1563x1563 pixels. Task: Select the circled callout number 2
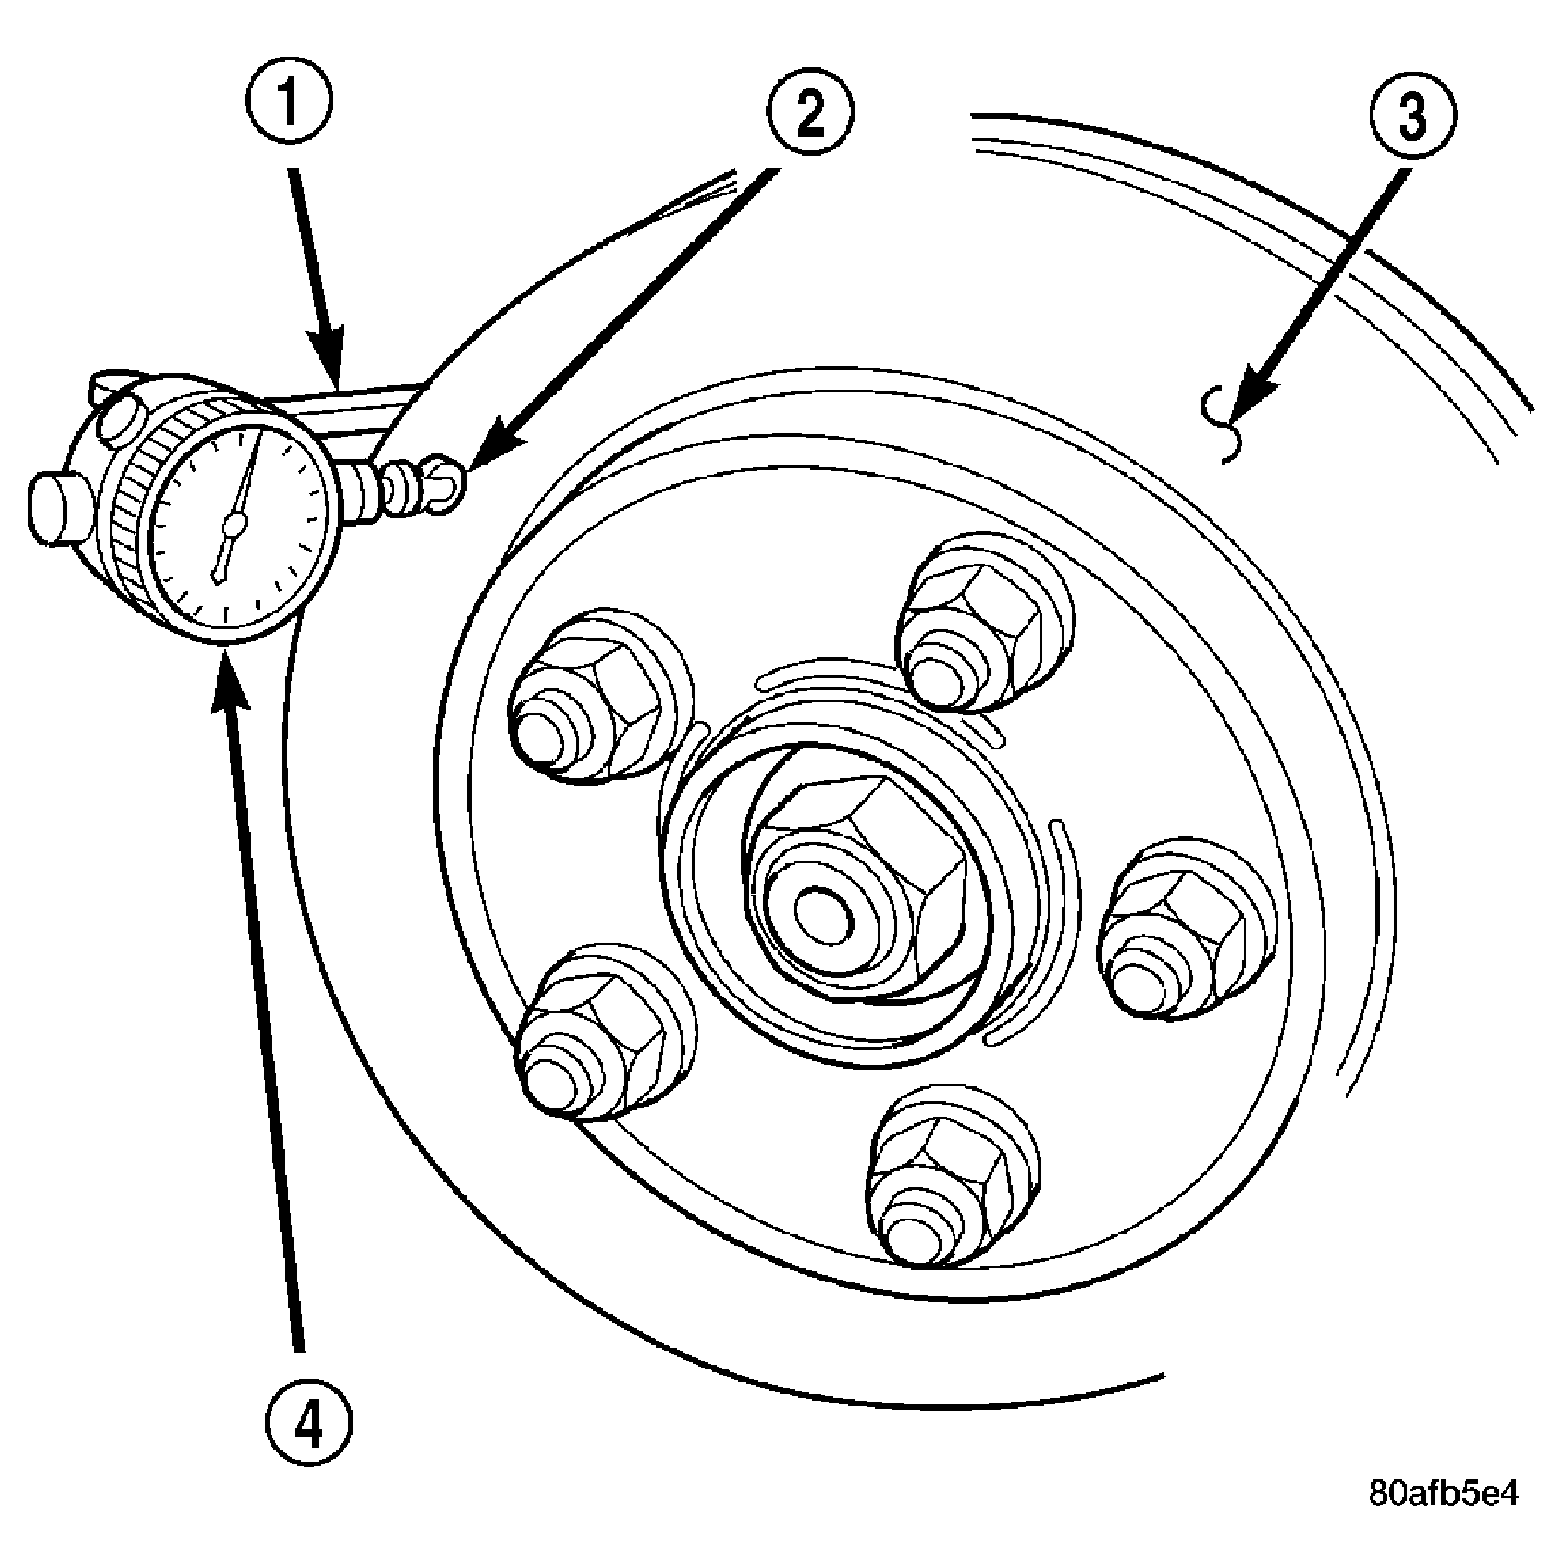click(809, 112)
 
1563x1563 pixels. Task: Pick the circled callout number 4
click(310, 1423)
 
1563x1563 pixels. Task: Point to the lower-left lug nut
click(605, 1033)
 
